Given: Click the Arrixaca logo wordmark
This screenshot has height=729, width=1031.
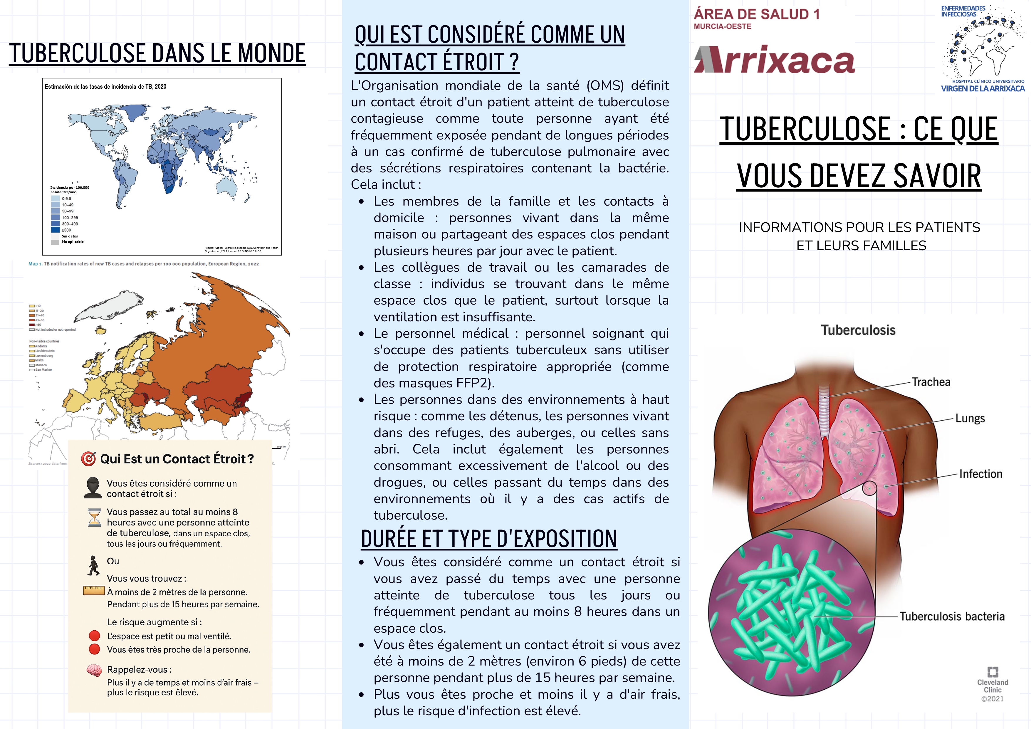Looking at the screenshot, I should pyautogui.click(x=774, y=60).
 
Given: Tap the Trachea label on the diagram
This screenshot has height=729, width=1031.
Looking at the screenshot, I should pyautogui.click(x=931, y=382).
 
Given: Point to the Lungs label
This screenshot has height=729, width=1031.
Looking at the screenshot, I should pyautogui.click(x=970, y=418).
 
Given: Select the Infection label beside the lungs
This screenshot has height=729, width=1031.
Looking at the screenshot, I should pyautogui.click(x=980, y=474).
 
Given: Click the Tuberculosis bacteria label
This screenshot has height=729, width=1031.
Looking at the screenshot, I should pyautogui.click(x=952, y=616).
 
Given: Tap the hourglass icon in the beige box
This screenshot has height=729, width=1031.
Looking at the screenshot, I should pyautogui.click(x=94, y=518).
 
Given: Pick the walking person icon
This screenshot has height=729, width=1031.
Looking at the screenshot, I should pyautogui.click(x=93, y=566).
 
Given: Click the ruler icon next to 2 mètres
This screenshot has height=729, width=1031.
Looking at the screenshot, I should pyautogui.click(x=94, y=591).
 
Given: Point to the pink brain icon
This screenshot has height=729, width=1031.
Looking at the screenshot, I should pyautogui.click(x=94, y=671).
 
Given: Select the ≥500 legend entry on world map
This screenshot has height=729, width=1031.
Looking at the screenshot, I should pyautogui.click(x=66, y=230).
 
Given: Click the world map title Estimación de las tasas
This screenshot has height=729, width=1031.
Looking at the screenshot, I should pyautogui.click(x=105, y=87).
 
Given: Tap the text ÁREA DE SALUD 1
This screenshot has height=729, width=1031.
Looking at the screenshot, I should pyautogui.click(x=757, y=14).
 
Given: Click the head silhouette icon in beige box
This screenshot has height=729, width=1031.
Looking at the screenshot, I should pyautogui.click(x=93, y=488).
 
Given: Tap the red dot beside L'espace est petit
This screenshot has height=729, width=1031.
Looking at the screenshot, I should pyautogui.click(x=94, y=636).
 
